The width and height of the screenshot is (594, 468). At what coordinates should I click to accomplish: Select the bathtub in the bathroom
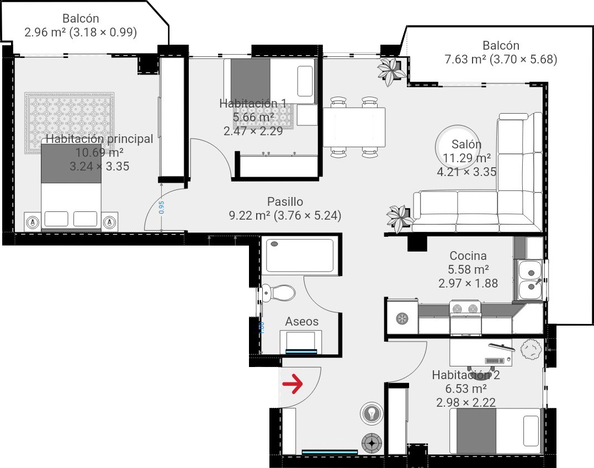click(299, 256)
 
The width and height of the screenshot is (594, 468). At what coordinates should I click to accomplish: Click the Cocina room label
click(468, 256)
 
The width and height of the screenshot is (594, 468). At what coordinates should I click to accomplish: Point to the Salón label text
click(466, 145)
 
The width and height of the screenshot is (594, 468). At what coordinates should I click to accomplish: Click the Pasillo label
click(285, 202)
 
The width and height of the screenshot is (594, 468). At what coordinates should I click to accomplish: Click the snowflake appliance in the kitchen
click(402, 318)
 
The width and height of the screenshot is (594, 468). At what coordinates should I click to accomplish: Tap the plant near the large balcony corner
click(391, 71)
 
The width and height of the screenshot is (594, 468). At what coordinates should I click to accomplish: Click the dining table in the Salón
click(354, 126)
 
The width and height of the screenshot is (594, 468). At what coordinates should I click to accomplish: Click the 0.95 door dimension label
click(161, 207)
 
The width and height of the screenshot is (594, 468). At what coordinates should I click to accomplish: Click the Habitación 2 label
click(465, 375)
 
